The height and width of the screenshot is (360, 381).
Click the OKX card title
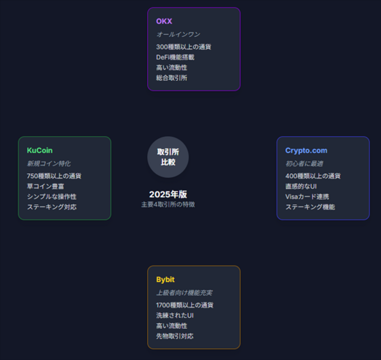point(164,21)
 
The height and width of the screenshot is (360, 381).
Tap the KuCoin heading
point(40,151)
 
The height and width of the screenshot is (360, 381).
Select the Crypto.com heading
point(306,151)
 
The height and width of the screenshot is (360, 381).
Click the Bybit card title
point(165,280)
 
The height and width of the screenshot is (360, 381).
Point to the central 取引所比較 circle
point(168,157)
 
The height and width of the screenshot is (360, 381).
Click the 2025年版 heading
point(168,195)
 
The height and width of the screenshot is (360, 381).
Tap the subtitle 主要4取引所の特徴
point(168,205)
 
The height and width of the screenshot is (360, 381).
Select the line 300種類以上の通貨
point(183,47)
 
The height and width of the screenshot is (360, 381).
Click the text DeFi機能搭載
point(175,57)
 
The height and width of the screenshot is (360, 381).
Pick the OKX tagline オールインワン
point(178,35)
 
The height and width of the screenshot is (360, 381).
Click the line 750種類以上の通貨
point(54,176)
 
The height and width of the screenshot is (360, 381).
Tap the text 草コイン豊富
point(45,186)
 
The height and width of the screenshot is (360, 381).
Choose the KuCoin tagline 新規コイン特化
point(49,164)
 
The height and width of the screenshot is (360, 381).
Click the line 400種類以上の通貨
point(313,176)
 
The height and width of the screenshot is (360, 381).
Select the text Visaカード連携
point(307,197)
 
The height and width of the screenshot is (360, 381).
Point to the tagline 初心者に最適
point(304,164)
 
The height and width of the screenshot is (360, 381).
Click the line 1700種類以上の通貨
point(185,305)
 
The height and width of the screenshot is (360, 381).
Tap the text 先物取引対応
point(174,336)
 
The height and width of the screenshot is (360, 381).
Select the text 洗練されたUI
point(174,315)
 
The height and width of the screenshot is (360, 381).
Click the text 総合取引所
point(171,78)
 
